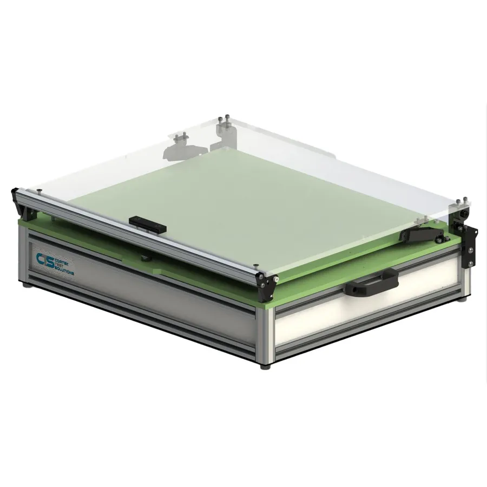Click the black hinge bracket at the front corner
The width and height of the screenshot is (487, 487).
[267, 285]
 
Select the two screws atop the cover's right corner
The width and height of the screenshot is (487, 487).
[461, 202]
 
